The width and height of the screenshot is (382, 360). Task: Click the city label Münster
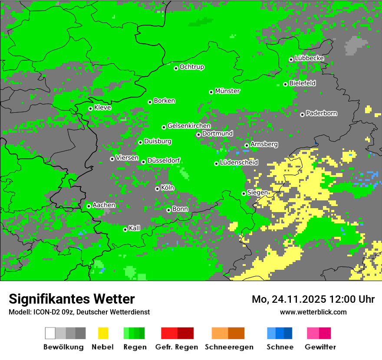(227, 91)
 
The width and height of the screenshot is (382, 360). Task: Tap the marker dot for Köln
(157, 189)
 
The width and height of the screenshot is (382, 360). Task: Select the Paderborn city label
(322, 113)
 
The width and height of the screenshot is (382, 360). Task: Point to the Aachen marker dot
(89, 206)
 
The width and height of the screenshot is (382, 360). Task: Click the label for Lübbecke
(310, 58)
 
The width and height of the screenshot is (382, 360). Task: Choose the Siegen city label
(257, 193)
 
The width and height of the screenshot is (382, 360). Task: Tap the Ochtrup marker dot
(176, 68)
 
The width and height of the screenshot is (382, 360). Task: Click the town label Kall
(135, 228)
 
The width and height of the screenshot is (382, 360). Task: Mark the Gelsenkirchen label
(189, 126)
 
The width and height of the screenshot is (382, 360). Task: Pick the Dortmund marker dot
(198, 134)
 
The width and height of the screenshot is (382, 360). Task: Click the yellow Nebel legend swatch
(103, 333)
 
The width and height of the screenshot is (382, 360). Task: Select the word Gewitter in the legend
(320, 347)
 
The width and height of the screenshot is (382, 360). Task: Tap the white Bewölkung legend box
(50, 333)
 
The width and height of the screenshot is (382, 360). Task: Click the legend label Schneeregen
(229, 347)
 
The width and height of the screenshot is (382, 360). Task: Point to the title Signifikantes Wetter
(72, 299)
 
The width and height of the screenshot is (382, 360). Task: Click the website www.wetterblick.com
(313, 312)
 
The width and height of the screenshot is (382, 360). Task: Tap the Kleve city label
(102, 108)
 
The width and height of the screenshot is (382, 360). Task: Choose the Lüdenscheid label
(239, 163)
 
